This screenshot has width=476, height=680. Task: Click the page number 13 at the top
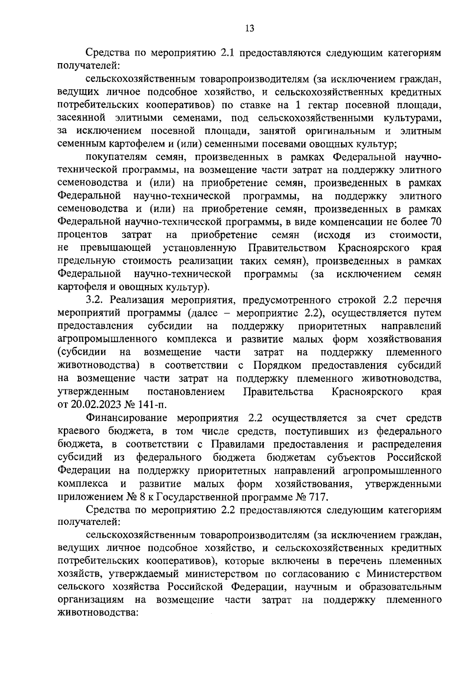coord(250,28)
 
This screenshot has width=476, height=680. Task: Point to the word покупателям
coord(116,157)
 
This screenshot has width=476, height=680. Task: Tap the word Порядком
coord(278,365)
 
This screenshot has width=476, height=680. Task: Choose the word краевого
coord(77,431)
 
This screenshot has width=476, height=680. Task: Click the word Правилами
coord(237,444)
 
